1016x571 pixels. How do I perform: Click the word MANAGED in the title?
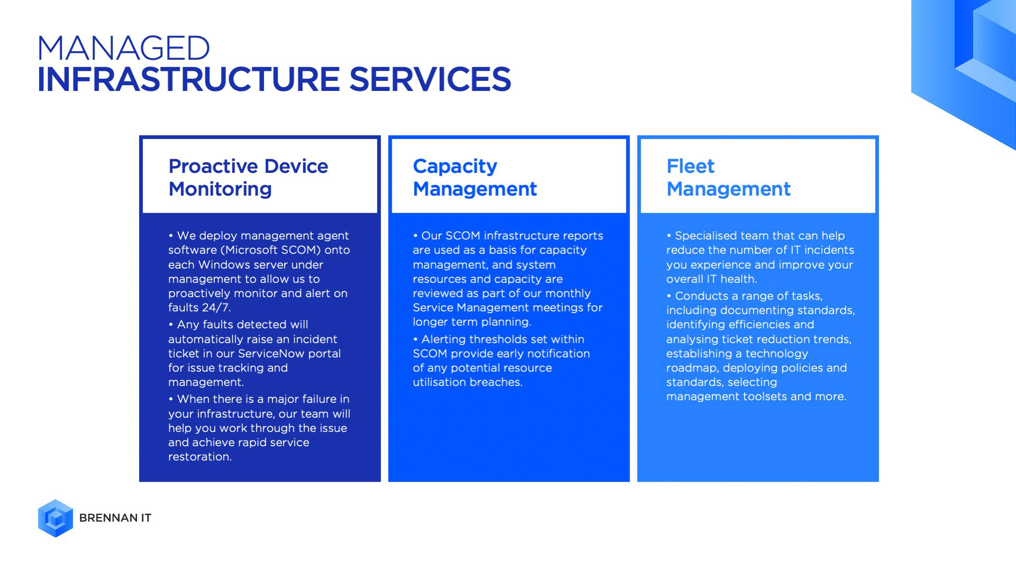(124, 48)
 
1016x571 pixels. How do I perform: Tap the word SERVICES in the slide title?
(430, 79)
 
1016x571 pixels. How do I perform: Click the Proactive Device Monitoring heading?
(248, 178)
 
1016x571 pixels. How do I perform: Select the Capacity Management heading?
(475, 178)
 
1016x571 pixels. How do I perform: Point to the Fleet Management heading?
(728, 178)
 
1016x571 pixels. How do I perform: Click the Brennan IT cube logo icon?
(56, 518)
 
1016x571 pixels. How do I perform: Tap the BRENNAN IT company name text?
(115, 518)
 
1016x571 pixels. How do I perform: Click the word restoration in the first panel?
(200, 457)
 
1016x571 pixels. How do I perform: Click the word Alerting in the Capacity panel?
(443, 339)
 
